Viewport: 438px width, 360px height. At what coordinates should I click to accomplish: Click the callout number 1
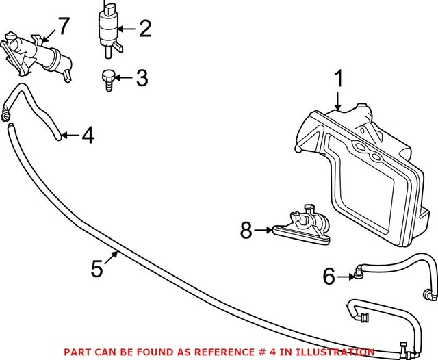[x=337, y=80]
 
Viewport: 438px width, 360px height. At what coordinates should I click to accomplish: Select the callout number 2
[x=144, y=29]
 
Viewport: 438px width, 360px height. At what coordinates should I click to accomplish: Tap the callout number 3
[x=141, y=78]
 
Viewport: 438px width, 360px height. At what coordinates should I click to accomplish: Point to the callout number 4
[x=87, y=136]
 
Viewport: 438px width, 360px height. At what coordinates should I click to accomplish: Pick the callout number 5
[x=98, y=268]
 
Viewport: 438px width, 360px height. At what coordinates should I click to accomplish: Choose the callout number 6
[x=329, y=277]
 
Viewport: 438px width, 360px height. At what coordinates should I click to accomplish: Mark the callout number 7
[x=63, y=27]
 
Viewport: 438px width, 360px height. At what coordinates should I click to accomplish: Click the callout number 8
[x=246, y=231]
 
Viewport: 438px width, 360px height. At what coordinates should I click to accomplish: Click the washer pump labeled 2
[x=108, y=31]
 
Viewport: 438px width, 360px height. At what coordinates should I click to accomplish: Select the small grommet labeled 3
[x=107, y=81]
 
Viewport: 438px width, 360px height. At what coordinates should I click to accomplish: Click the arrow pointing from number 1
[x=337, y=99]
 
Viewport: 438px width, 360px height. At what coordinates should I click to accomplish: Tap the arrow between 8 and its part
[x=263, y=231]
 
